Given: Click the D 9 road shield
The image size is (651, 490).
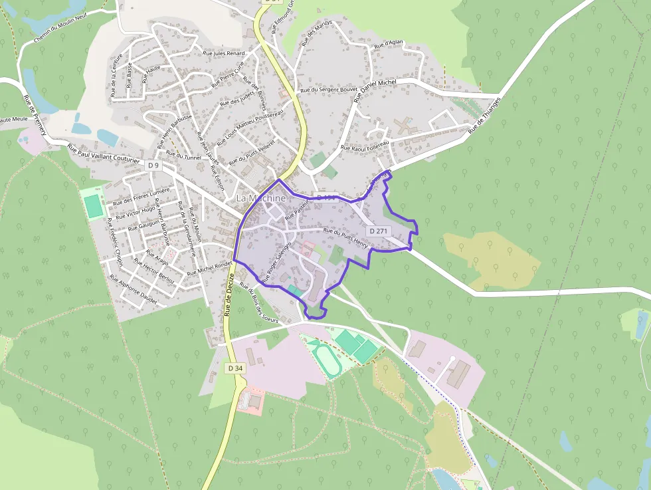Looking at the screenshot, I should (x=153, y=165).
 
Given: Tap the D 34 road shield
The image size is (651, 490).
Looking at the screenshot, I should (x=234, y=368).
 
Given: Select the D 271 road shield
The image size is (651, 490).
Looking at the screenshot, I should (x=377, y=231).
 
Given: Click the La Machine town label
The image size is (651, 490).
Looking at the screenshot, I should (x=261, y=198).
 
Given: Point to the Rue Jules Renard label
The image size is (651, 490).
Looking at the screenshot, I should (x=224, y=53).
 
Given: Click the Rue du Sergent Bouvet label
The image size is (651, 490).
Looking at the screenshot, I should (x=329, y=89).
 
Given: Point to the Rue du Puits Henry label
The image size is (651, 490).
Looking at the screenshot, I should (x=345, y=238).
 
